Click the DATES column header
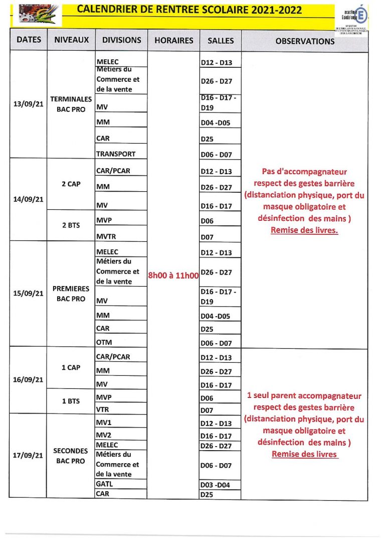[29, 40]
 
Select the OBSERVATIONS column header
[305, 41]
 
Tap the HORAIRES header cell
[174, 40]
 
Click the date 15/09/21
[29, 293]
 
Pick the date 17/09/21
[29, 455]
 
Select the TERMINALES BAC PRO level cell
[71, 104]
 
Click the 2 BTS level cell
[71, 225]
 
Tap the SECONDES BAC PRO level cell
[71, 456]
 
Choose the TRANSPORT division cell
[116, 154]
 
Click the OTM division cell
[104, 342]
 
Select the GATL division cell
[105, 484]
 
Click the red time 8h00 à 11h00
[173, 275]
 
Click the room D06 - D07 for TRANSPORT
[217, 155]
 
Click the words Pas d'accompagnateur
[304, 172]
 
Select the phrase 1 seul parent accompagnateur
[304, 396]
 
